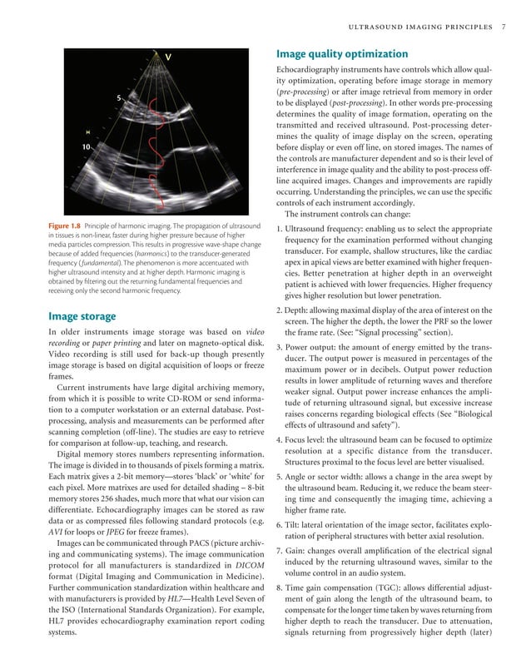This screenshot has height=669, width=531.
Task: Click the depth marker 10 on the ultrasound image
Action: pyautogui.click(x=87, y=147)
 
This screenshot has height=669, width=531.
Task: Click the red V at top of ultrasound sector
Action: pyautogui.click(x=169, y=57)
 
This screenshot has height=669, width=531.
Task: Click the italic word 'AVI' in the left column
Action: pyautogui.click(x=58, y=531)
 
